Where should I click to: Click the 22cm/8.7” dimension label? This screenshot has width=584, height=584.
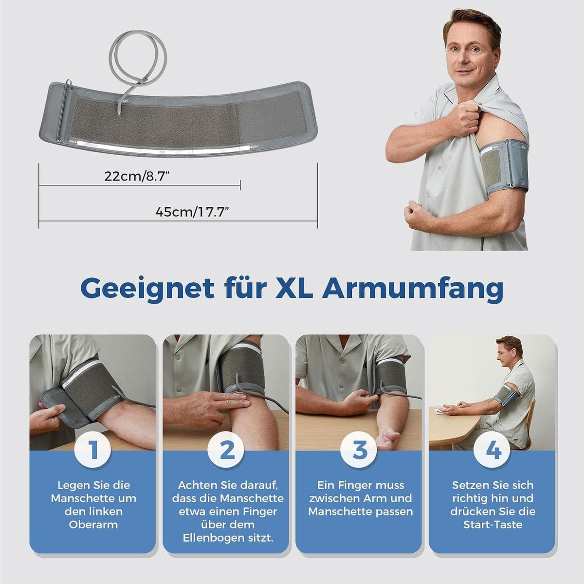click(136, 176)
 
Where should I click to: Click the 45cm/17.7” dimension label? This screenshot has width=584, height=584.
click(192, 212)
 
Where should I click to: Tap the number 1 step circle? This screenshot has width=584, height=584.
click(93, 450)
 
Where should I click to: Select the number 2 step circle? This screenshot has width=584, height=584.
click(226, 450)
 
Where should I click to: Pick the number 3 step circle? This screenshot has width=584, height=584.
click(359, 450)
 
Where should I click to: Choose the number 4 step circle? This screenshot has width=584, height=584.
click(492, 450)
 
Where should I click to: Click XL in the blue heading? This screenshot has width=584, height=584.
click(293, 288)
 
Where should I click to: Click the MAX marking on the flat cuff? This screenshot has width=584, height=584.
click(254, 147)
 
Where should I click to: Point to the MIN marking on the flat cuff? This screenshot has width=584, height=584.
click(73, 141)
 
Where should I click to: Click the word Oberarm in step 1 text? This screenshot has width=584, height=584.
click(93, 525)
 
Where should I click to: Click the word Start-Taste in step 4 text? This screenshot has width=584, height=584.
click(493, 525)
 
